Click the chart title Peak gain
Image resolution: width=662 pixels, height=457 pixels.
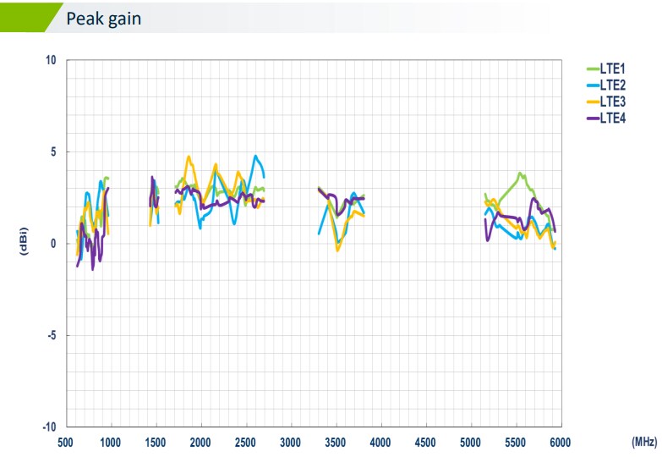point(104,18)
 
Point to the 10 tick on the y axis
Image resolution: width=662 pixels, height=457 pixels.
point(51,61)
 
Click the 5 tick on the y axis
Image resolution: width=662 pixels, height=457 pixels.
point(53,152)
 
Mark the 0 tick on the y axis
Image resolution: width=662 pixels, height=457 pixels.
point(53,244)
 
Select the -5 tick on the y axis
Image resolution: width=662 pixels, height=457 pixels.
point(51,335)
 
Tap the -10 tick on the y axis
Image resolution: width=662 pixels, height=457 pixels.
point(49,427)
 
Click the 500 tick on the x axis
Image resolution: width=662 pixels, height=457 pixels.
point(66,442)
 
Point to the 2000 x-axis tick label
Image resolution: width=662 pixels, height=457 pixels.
point(200,442)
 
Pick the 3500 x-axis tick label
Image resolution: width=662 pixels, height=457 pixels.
point(336,442)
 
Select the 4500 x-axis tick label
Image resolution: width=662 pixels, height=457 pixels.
point(425,442)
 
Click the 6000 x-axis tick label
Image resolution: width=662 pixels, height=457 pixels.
point(560,442)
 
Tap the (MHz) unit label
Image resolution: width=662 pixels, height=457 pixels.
point(643,442)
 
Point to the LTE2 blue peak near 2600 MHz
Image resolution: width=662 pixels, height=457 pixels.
point(255,157)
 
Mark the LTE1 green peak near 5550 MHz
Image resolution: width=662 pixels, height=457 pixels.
point(521,173)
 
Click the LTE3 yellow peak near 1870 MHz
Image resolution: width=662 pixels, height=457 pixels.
point(189,157)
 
